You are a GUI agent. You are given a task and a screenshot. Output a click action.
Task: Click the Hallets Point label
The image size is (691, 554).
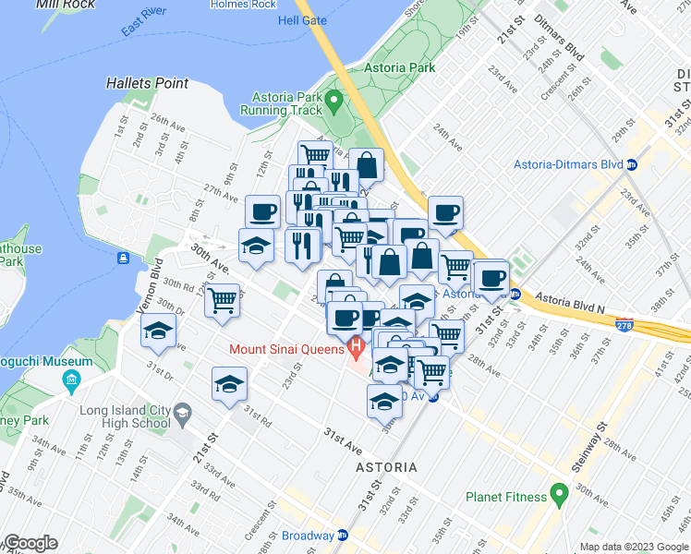tap(147, 83)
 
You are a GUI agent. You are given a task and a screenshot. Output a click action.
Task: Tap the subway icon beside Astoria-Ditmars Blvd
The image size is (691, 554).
tap(632, 165)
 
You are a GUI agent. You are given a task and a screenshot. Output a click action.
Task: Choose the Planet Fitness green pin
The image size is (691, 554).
tap(558, 496)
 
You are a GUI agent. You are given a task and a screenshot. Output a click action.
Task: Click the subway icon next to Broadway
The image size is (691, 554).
tap(343, 536)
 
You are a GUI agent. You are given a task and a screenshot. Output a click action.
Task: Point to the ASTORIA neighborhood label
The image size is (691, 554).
tap(386, 468)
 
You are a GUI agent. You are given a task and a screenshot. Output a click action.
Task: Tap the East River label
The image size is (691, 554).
tap(150, 23)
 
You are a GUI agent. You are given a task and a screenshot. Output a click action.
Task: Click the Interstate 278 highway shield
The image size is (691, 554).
tap(624, 325)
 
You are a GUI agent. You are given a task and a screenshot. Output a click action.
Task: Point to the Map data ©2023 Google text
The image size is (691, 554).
tap(634, 547)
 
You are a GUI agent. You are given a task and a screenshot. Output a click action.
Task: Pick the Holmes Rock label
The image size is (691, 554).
tap(243, 5)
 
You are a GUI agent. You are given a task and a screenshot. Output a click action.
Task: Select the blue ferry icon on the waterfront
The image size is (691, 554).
tap(123, 258)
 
